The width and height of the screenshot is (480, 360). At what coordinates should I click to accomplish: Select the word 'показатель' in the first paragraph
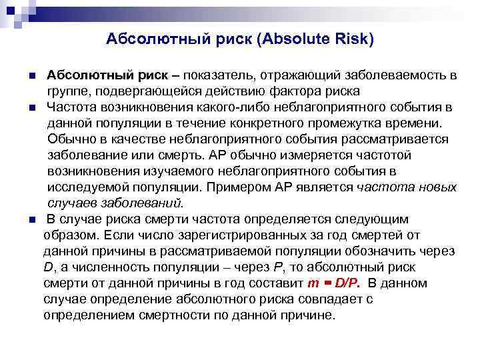tap(219, 73)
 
